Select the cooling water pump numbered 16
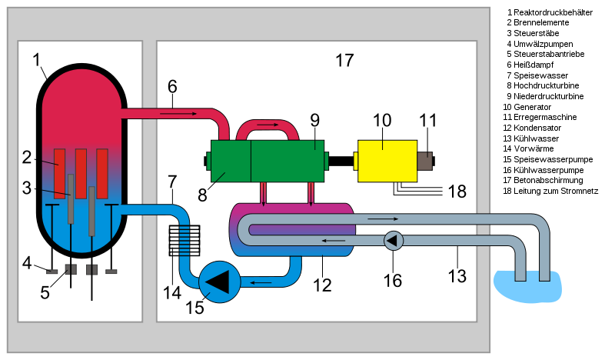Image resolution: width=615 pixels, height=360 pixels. tap(394, 241)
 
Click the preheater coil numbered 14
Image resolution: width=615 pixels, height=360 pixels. tap(184, 241)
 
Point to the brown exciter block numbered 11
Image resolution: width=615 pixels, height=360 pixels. tap(425, 161)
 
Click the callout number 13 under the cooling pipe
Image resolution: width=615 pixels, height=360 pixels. tap(457, 275)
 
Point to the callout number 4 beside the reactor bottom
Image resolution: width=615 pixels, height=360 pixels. tap(28, 263)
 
